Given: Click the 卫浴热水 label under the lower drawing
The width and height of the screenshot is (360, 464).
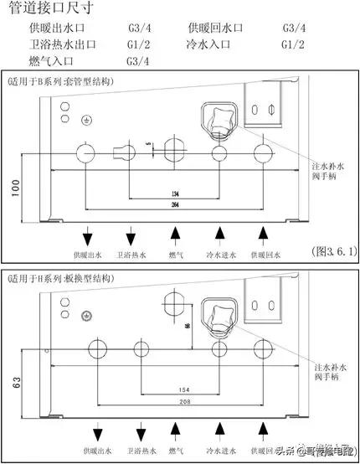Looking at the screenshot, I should coord(131,451).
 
